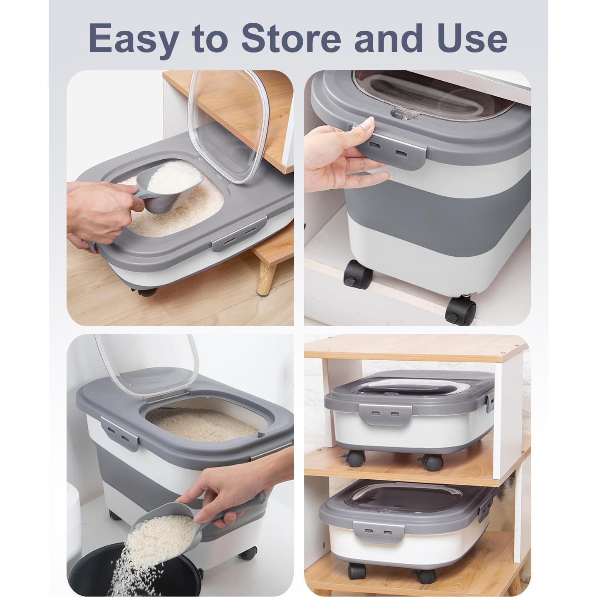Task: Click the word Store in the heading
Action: pyautogui.click(x=291, y=38)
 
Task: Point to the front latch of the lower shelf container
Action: pyautogui.click(x=378, y=534)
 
